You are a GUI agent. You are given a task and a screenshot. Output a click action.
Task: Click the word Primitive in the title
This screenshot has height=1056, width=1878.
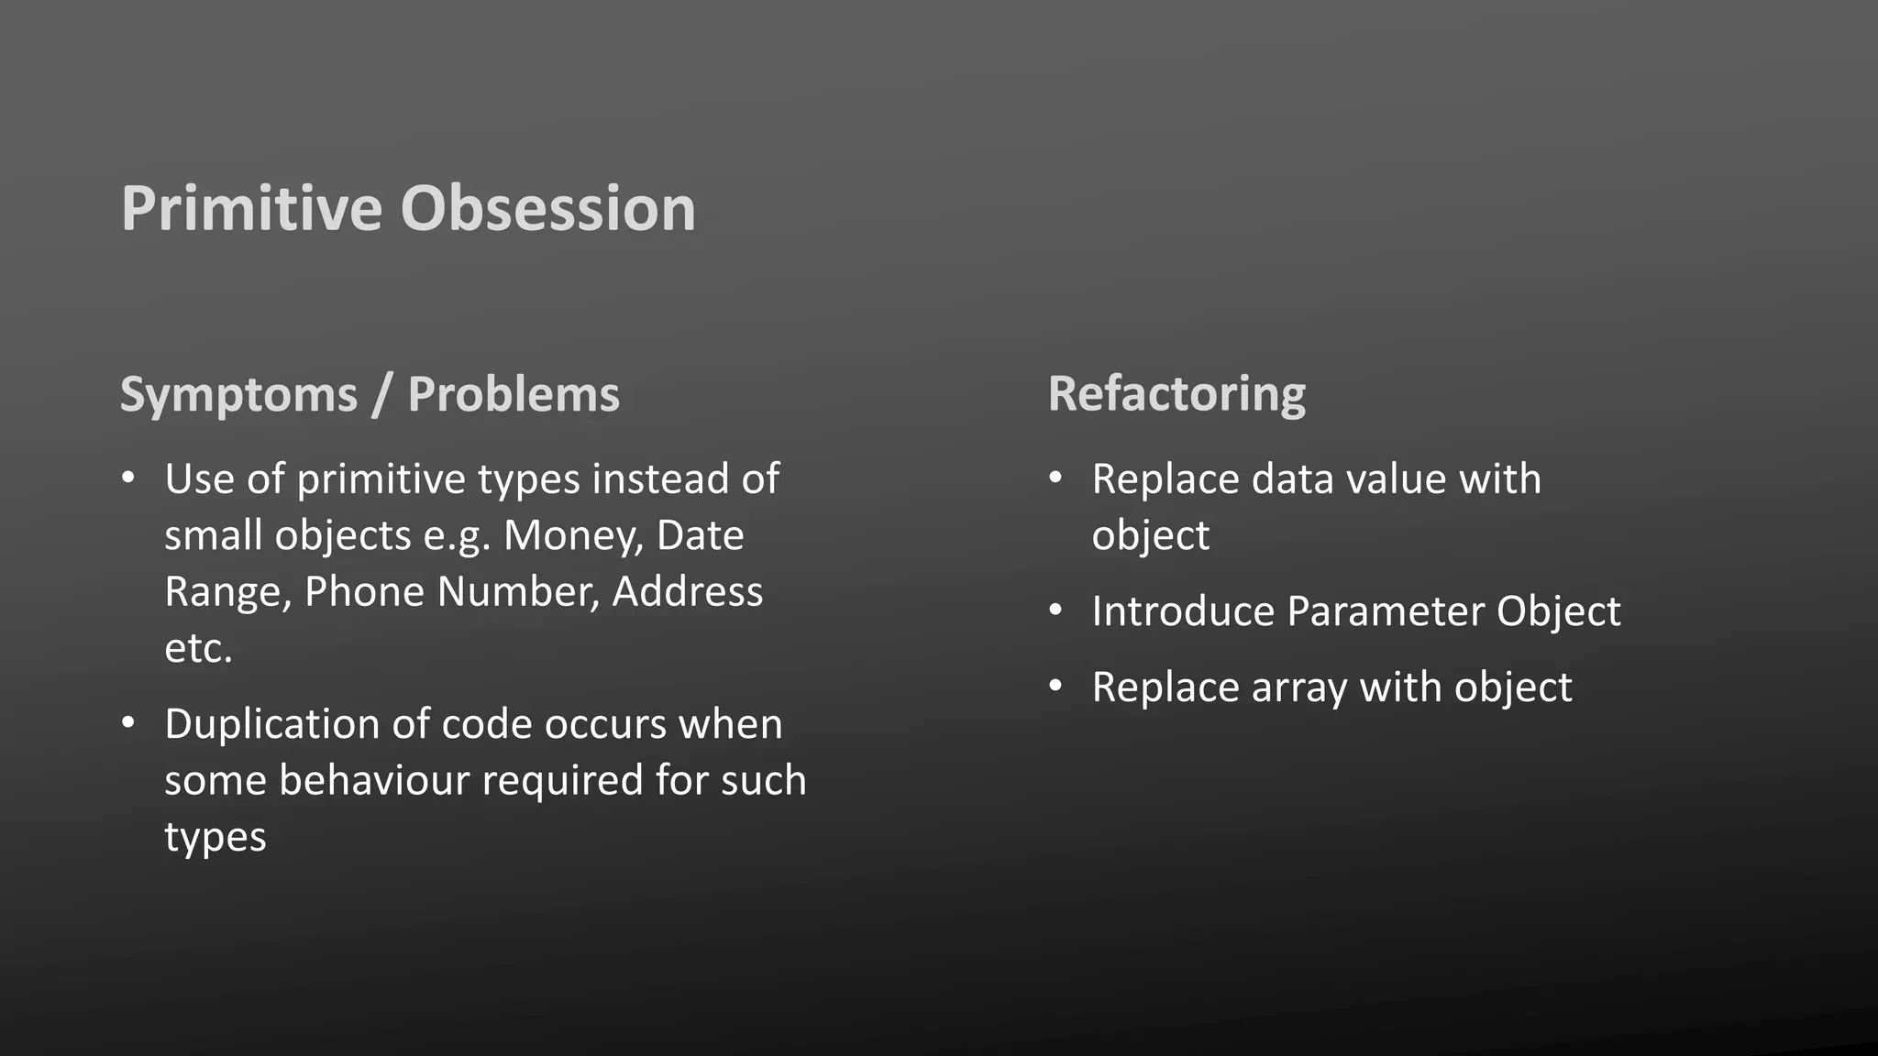point(251,209)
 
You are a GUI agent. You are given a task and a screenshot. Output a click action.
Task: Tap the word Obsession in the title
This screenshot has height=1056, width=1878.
point(547,209)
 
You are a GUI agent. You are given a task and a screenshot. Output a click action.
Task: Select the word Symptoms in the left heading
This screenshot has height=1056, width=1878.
point(238,396)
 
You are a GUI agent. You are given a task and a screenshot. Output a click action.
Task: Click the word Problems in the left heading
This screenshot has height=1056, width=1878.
point(514,394)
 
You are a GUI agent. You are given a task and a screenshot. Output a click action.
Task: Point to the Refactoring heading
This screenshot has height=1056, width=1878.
point(1177,394)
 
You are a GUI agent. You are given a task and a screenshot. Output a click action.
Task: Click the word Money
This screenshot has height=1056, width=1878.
point(572,535)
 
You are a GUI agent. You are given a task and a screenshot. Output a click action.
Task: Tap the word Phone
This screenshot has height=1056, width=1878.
point(364,592)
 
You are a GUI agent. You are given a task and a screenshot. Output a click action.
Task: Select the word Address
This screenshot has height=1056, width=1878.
point(687,592)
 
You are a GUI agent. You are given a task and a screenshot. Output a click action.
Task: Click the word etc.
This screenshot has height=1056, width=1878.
point(198,649)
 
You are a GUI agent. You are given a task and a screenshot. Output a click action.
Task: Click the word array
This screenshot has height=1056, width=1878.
point(1299,688)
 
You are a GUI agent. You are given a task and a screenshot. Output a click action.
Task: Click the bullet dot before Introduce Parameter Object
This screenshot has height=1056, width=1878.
point(1056,610)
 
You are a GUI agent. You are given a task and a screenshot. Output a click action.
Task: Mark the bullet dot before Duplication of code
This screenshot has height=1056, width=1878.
point(128,723)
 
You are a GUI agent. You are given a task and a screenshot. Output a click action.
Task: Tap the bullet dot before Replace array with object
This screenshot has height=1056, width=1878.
point(1056,686)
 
